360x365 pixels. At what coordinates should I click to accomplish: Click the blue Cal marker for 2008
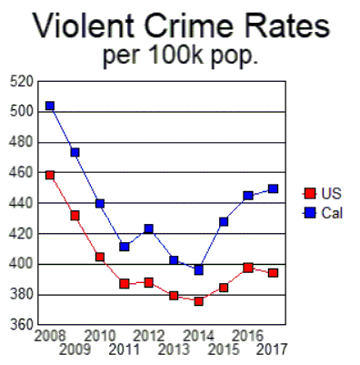(x=50, y=106)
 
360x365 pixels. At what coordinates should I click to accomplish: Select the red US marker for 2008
(x=50, y=175)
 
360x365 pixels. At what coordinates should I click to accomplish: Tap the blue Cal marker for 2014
(x=198, y=269)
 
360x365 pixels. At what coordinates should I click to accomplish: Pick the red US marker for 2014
(x=198, y=301)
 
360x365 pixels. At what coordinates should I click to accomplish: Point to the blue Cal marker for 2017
(x=273, y=189)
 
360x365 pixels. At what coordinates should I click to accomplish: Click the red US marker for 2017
(x=273, y=273)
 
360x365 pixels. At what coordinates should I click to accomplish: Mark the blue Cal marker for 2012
(x=149, y=228)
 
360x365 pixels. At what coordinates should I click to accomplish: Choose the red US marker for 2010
(x=100, y=257)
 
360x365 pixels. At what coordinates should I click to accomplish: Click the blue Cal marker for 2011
(x=125, y=247)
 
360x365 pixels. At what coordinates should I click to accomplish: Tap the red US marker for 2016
(x=248, y=268)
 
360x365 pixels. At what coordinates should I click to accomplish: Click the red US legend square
(x=309, y=193)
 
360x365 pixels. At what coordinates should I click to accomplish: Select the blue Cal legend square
(x=309, y=212)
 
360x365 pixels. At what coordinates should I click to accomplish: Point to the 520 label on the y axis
(x=21, y=82)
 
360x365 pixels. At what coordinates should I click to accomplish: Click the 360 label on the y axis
(x=21, y=325)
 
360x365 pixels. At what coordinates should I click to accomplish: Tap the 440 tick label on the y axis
(x=21, y=203)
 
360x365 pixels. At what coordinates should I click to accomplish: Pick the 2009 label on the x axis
(x=75, y=349)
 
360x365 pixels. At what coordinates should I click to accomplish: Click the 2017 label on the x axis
(x=273, y=349)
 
